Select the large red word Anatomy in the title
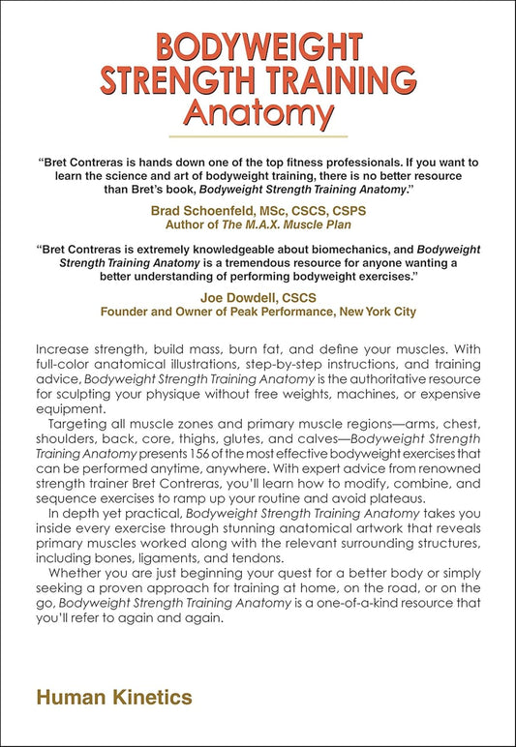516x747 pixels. point(258,114)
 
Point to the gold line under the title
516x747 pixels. point(258,135)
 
